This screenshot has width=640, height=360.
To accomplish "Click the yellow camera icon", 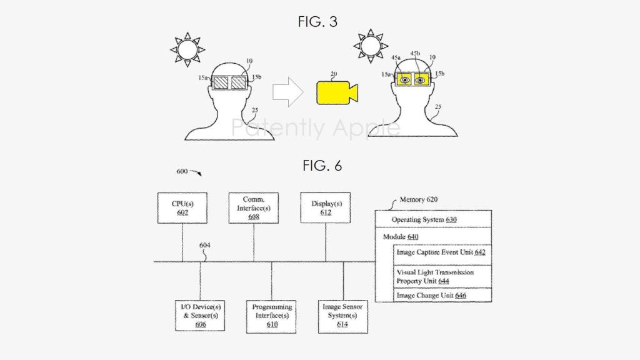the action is [337, 92].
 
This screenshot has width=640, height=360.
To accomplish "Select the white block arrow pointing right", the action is [287, 92].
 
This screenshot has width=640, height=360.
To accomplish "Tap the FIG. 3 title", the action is [317, 22].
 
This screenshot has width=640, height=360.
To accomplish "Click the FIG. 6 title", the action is [322, 166].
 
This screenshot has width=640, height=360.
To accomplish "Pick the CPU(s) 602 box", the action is [182, 208].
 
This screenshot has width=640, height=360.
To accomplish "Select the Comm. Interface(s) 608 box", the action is [254, 208].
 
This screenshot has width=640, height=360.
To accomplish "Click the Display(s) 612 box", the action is [326, 208].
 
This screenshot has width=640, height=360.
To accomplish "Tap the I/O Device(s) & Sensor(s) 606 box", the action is [200, 316].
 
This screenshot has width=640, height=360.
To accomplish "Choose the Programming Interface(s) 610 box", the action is [271, 317].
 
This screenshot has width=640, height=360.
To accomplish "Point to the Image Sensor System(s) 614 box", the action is [343, 317].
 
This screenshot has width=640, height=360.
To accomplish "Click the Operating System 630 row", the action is [433, 219].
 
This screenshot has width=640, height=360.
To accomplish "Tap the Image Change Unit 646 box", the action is [442, 295].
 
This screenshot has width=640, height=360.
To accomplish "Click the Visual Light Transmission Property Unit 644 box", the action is [442, 277].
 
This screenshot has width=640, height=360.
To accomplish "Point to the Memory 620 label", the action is [418, 199].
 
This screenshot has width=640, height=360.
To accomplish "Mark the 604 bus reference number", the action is [204, 245].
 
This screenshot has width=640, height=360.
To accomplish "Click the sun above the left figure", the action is [187, 49].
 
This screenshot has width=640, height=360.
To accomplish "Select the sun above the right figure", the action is [371, 46].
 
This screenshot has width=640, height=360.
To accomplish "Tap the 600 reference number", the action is [182, 171].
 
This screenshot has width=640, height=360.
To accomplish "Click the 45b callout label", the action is [415, 54].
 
